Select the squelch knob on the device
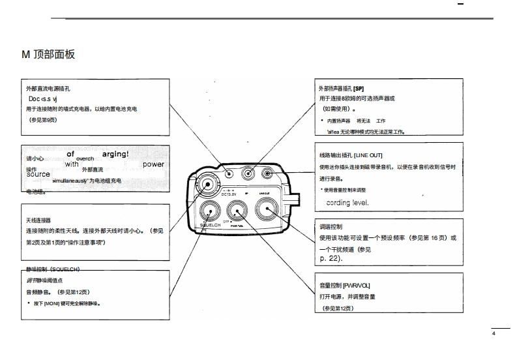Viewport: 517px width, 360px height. coord(210,210)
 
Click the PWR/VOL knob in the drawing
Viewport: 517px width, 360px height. coord(236,210)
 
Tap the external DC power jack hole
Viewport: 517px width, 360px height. coord(229,174)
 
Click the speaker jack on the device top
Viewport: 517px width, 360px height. coord(248,174)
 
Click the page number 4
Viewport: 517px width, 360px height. coord(494,334)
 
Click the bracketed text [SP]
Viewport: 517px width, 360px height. coord(359,88)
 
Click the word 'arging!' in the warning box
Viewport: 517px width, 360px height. coord(115,154)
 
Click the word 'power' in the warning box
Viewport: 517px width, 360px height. coord(153,164)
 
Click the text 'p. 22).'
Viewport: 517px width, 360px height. coord(331,259)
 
